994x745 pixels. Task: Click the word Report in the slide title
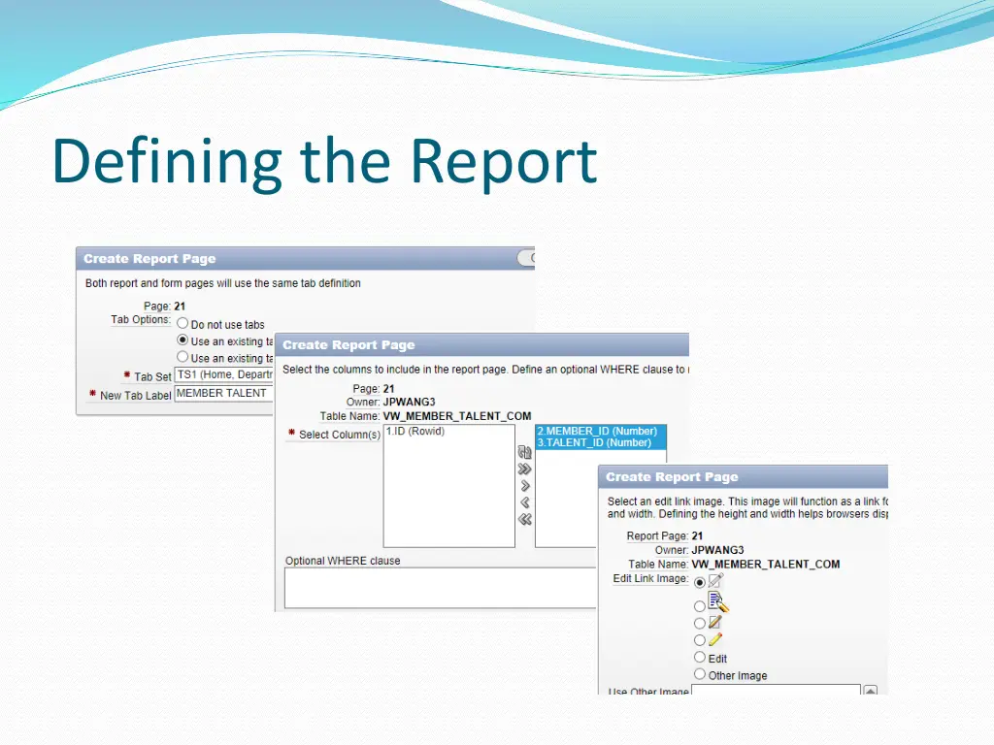click(x=502, y=163)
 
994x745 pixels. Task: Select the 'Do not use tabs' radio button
click(x=182, y=324)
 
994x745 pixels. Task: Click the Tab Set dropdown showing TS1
click(x=224, y=375)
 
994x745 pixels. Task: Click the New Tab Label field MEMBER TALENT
click(x=224, y=394)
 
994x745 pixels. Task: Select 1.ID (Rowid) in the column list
click(x=415, y=432)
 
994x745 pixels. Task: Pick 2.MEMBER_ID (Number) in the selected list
click(x=596, y=431)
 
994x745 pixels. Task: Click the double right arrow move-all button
click(x=525, y=469)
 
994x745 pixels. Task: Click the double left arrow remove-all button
click(x=525, y=519)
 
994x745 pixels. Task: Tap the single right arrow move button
click(x=525, y=485)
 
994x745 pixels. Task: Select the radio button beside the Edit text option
click(x=700, y=658)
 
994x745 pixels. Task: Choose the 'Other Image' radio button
click(x=700, y=674)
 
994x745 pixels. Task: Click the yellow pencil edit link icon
click(x=716, y=640)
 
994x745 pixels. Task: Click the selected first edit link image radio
click(x=700, y=583)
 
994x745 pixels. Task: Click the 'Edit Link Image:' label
click(x=649, y=579)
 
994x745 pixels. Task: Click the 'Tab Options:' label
click(x=140, y=320)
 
